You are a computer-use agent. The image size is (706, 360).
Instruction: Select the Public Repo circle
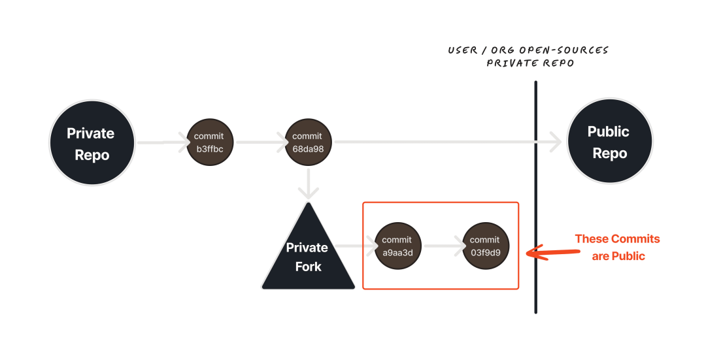tap(609, 143)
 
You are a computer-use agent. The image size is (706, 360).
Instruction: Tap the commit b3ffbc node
tap(209, 142)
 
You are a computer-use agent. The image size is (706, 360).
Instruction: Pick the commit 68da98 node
tap(307, 142)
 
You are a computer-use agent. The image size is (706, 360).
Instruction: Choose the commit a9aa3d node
tap(397, 246)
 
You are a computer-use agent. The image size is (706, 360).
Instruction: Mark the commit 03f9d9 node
tap(485, 246)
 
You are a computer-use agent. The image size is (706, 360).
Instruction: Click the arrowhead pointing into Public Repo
tap(556, 142)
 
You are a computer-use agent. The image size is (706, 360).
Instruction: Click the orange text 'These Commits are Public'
tap(618, 247)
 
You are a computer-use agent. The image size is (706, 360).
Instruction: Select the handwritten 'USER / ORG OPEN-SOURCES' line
tap(528, 50)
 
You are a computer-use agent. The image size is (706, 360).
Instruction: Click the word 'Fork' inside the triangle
tap(308, 267)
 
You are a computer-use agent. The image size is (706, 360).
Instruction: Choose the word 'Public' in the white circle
tap(609, 132)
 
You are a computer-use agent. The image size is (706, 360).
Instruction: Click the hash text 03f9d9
tap(485, 252)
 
